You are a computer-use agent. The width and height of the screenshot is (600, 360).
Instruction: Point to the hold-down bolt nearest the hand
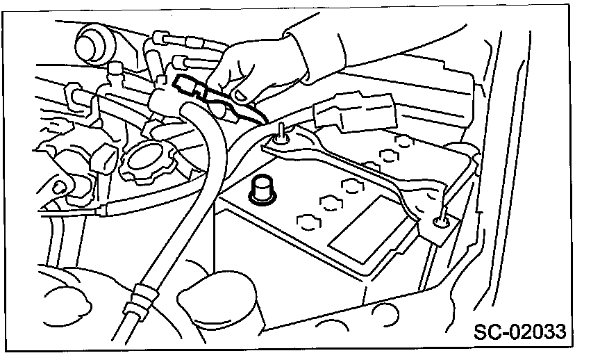click(281, 136)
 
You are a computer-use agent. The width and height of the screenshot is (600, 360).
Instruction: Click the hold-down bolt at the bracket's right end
click(440, 222)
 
